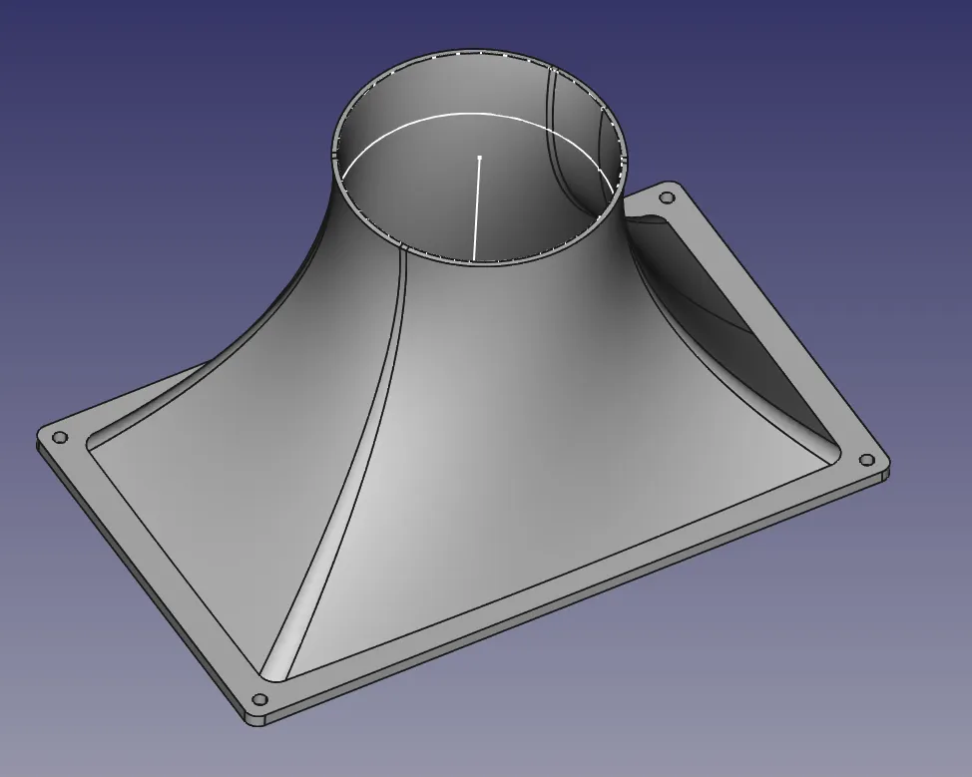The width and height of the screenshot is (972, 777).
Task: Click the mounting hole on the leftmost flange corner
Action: coord(60,438)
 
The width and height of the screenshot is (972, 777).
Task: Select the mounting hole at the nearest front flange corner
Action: coord(259,699)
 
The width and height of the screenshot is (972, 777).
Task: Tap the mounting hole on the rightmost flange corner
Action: coord(866,460)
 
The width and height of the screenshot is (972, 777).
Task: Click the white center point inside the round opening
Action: coord(479,158)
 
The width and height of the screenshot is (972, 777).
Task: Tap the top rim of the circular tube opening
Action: coord(479,51)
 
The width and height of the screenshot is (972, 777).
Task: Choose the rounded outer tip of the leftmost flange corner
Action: coord(40,437)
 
